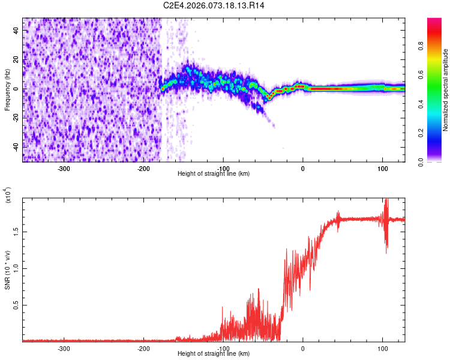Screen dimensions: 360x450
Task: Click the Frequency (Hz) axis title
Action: tap(7, 90)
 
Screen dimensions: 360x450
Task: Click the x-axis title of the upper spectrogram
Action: tap(214, 173)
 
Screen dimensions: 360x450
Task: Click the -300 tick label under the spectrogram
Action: tap(64, 168)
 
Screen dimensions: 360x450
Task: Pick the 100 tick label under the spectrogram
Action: tap(382, 168)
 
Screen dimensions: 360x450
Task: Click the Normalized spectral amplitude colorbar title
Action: tap(446, 90)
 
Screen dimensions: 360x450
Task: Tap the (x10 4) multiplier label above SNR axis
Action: tap(8, 194)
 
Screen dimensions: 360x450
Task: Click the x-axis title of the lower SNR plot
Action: tap(214, 353)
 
